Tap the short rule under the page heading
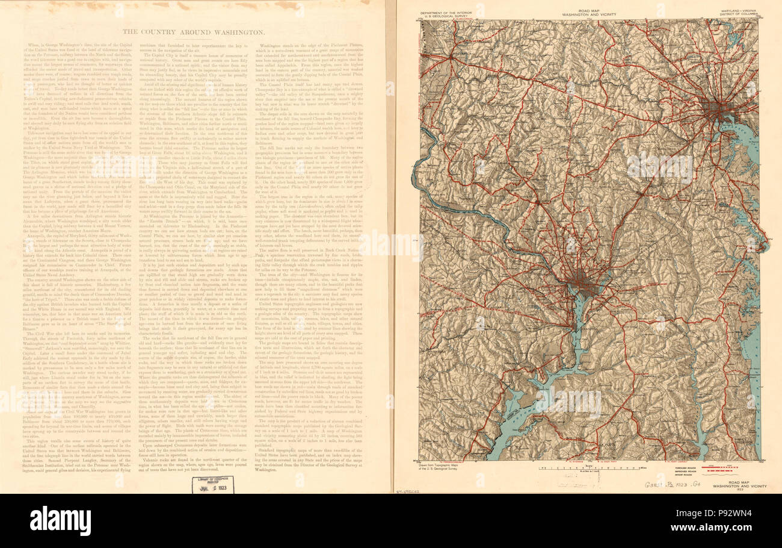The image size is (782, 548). pyautogui.click(x=193, y=39)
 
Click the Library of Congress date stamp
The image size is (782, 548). pyautogui.click(x=213, y=485)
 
